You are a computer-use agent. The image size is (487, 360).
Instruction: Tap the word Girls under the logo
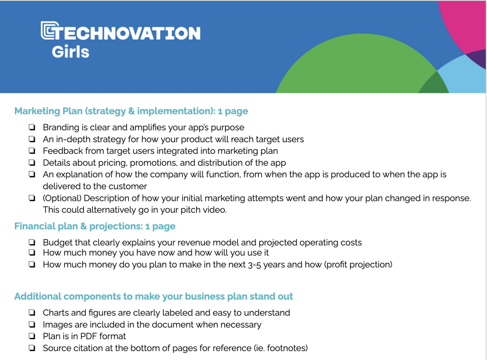coord(70,52)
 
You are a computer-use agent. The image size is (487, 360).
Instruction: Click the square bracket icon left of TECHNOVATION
coord(47,31)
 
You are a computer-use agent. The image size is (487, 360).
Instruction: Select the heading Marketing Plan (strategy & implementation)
coord(131,111)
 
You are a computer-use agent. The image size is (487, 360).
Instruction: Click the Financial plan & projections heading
coord(95,226)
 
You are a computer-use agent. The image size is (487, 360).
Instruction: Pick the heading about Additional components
coord(153,296)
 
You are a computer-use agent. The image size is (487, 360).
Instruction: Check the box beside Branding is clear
coord(32,128)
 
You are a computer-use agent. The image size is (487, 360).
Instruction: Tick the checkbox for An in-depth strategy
coord(32,139)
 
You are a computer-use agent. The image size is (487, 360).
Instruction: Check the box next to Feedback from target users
coord(32,151)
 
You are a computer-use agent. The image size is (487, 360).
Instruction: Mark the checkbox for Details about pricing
coord(32,163)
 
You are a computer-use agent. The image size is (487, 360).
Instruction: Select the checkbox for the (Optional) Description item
coord(32,198)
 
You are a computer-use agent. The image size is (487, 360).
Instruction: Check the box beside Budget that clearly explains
coord(32,243)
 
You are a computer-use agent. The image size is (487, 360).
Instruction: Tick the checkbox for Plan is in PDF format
coord(32,336)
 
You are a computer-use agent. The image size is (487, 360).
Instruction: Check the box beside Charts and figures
coord(32,313)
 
